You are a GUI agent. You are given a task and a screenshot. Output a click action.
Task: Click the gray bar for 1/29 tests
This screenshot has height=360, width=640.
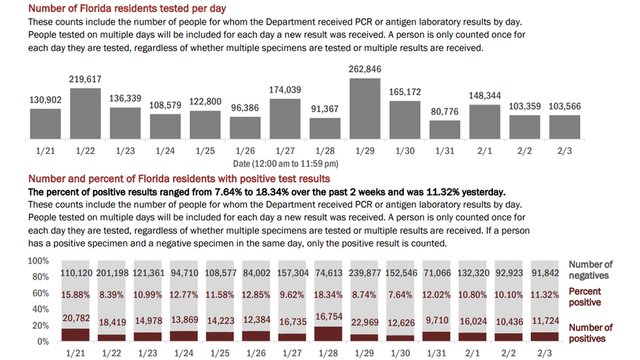click(x=365, y=109)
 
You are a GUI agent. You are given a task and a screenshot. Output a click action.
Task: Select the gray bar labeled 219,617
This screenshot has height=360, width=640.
click(x=85, y=113)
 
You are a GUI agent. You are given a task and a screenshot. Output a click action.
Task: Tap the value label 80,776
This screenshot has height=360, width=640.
click(x=444, y=111)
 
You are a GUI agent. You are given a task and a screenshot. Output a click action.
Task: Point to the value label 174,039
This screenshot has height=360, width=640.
click(x=285, y=90)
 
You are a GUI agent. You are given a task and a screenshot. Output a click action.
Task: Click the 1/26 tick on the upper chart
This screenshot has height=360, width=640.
click(x=245, y=151)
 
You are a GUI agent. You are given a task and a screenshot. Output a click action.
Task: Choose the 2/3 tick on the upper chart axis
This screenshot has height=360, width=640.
click(x=564, y=151)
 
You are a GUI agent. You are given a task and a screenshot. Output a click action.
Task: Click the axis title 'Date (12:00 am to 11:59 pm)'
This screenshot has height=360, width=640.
click(x=286, y=164)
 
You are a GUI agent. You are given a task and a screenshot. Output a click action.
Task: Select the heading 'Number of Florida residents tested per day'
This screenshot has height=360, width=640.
click(x=127, y=8)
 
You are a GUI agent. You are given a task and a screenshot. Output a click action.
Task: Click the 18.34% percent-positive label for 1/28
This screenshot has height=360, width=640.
click(x=328, y=295)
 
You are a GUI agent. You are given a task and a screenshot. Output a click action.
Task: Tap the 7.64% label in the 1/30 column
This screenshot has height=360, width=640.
click(x=400, y=295)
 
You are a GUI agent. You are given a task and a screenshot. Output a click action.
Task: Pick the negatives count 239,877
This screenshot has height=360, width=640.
click(x=365, y=273)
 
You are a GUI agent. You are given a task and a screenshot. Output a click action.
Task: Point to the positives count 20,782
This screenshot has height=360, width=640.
click(x=76, y=318)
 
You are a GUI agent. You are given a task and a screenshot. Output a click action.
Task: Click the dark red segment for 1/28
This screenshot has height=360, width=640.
click(x=328, y=333)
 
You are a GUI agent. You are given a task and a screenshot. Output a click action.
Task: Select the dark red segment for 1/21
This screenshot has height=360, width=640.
click(x=76, y=335)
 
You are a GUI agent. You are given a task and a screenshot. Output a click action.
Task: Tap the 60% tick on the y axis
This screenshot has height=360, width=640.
click(x=41, y=293)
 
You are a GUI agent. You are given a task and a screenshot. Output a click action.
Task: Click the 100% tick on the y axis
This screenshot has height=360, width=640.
click(x=38, y=261)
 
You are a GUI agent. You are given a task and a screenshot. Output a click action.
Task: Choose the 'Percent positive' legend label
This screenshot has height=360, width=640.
click(x=585, y=297)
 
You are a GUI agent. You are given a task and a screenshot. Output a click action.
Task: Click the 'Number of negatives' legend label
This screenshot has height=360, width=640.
click(x=591, y=270)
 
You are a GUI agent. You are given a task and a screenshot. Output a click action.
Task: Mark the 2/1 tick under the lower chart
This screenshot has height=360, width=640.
click(x=472, y=353)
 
